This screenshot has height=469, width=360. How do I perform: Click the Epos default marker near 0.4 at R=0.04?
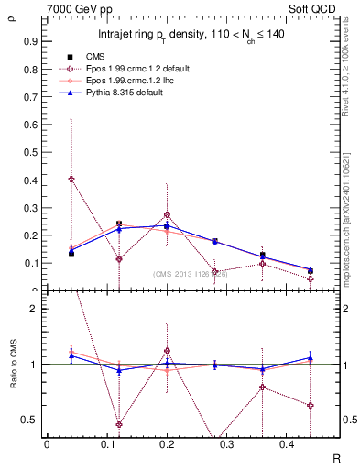coord(71,180)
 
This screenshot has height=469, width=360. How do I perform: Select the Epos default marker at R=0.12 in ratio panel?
coord(119,424)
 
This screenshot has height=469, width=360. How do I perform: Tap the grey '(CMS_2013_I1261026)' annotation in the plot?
coord(190,273)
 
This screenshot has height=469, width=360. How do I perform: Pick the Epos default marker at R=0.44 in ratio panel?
coord(311,405)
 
